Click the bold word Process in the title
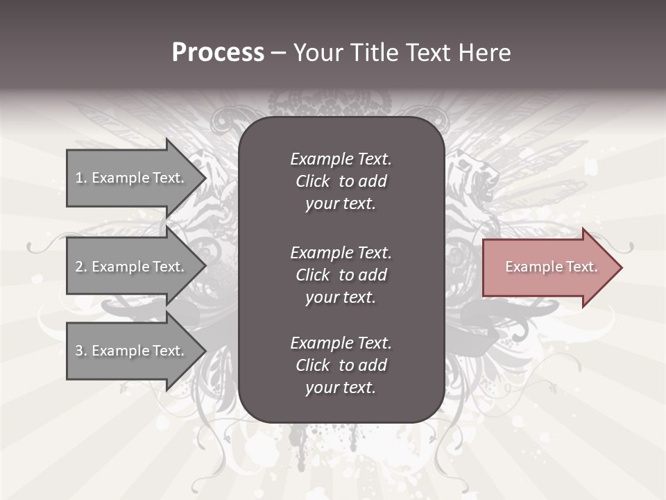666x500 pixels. tap(218, 53)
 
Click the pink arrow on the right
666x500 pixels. tap(548, 267)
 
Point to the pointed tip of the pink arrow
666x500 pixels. tap(620, 267)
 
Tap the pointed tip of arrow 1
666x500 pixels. tap(205, 178)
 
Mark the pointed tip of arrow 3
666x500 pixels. tap(205, 351)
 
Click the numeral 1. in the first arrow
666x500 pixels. tap(81, 178)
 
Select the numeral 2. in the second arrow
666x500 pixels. tap(81, 267)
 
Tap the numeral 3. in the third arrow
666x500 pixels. tap(81, 351)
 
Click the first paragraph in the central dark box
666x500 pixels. tap(341, 181)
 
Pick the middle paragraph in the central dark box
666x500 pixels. tap(341, 275)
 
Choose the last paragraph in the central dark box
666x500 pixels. tap(341, 365)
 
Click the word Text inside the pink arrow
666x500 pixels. tap(581, 267)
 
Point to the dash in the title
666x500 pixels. tap(278, 53)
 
